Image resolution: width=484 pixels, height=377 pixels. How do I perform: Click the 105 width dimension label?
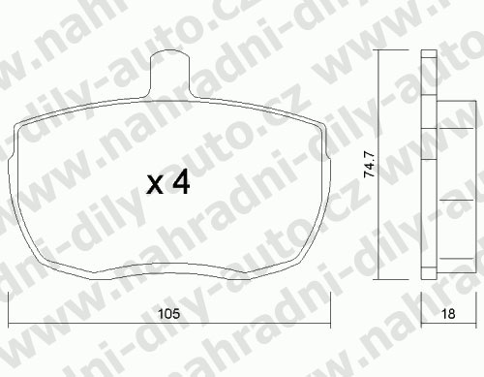(x=168, y=313)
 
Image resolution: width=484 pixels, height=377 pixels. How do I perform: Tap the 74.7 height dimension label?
(x=370, y=164)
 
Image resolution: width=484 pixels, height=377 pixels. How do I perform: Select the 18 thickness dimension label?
(x=448, y=313)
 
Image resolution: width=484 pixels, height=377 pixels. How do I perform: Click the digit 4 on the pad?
(x=181, y=182)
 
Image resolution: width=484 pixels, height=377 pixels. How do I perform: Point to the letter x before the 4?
(x=155, y=186)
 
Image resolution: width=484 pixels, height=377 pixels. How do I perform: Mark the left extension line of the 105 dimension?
(x=8, y=310)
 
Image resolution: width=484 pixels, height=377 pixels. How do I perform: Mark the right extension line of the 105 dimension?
(x=331, y=310)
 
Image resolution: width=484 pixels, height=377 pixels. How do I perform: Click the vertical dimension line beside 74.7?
(x=378, y=165)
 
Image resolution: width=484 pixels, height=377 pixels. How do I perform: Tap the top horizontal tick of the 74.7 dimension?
(x=391, y=50)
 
